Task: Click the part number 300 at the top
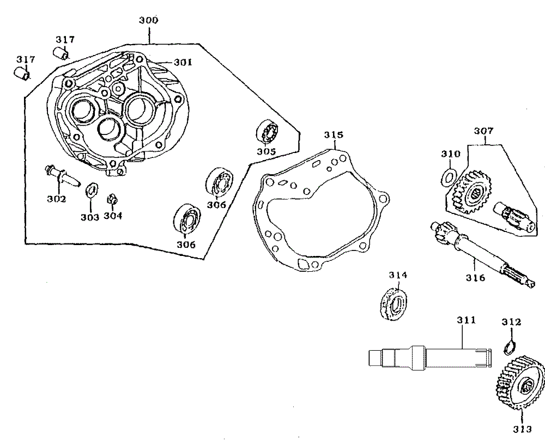(148, 21)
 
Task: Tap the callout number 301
(183, 62)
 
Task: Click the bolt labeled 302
(61, 175)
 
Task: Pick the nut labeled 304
(113, 199)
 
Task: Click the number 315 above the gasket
(334, 135)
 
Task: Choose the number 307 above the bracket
(483, 131)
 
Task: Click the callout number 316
(475, 278)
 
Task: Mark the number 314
(398, 275)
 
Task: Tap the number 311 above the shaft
(466, 320)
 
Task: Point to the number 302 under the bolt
(56, 199)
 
